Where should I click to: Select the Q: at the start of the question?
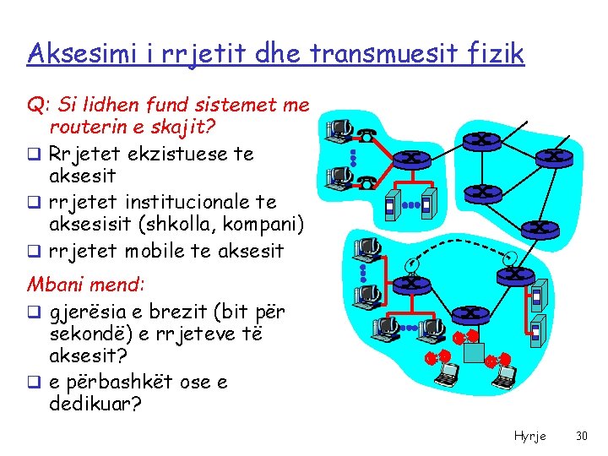click(37, 106)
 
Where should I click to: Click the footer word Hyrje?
click(529, 436)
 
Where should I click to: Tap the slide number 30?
click(581, 436)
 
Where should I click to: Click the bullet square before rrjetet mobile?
click(34, 251)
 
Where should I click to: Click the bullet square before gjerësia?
click(34, 312)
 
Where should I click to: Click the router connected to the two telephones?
click(413, 157)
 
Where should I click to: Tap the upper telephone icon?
click(366, 134)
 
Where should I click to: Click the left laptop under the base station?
click(445, 372)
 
